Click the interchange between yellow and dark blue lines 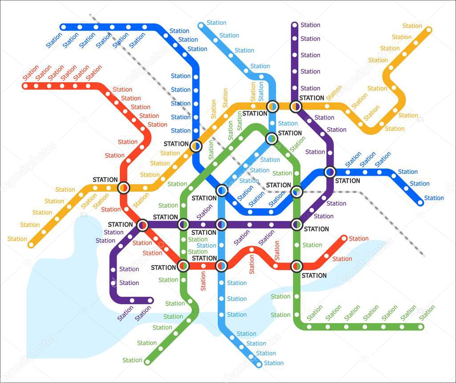coord(195,145)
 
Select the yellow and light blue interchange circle coord(273,106)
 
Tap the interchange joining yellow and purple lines coord(296,106)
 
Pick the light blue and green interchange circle coord(272,139)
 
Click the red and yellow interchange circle coord(123,188)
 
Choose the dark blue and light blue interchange coord(222,191)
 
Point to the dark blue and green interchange coord(296,192)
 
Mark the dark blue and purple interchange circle coord(330,172)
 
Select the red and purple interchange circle coord(142,225)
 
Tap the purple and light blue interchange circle coord(222,225)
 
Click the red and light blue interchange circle coord(221,266)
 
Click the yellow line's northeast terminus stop coord(428,30)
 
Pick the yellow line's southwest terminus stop coord(31,245)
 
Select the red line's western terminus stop coord(25,85)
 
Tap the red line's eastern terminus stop coord(344,238)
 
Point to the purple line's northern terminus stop coord(294,24)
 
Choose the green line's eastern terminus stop coord(420,327)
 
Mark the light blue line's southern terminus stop coord(259,365)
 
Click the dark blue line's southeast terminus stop coord(420,203)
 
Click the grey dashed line coord(392,222)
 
